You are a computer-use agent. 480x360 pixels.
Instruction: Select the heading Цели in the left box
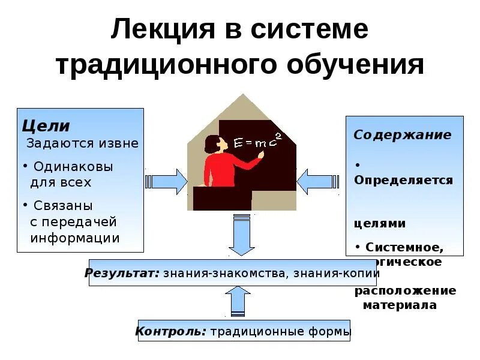click(x=46, y=127)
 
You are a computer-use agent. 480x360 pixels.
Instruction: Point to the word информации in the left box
click(x=75, y=238)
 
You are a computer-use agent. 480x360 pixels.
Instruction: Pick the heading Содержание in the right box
click(x=402, y=135)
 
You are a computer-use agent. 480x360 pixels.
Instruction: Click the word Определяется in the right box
click(x=403, y=180)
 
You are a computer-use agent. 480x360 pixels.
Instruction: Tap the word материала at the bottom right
click(x=400, y=305)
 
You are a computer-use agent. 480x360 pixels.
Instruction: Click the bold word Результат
click(x=122, y=273)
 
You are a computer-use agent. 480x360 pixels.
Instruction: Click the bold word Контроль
click(x=171, y=331)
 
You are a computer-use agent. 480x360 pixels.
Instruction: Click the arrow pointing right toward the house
click(x=166, y=181)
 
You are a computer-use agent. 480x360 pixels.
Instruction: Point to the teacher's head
click(x=211, y=145)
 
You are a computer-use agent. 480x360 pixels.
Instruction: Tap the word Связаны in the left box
click(x=63, y=205)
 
